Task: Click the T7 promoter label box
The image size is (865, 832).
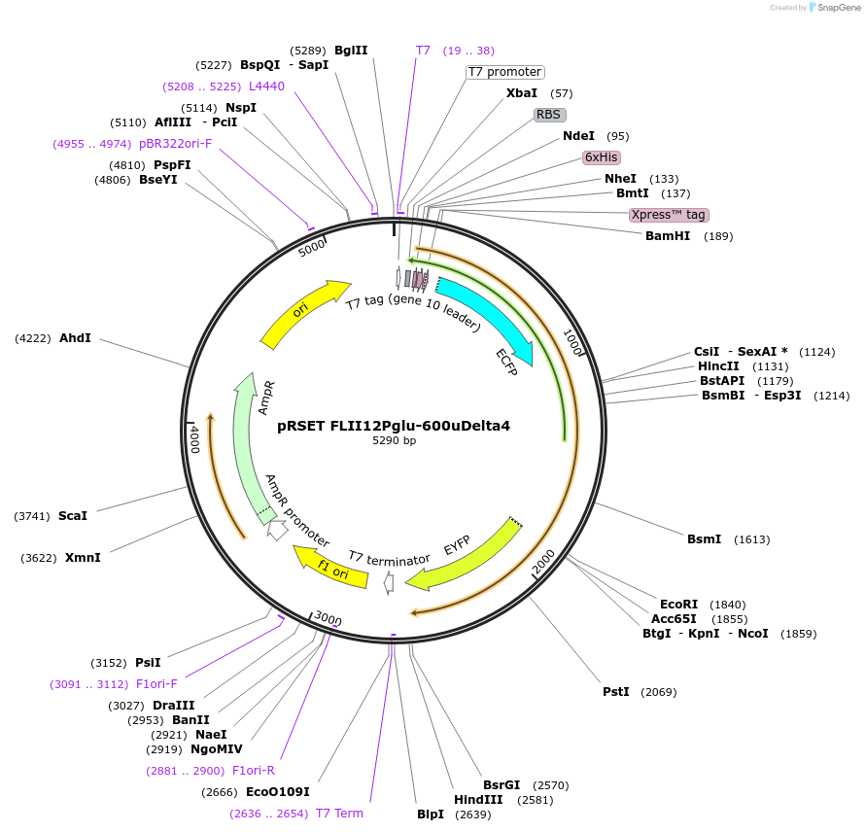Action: pos(504,72)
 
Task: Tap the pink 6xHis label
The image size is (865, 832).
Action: pos(601,156)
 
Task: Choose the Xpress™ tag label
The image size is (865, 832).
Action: pos(668,215)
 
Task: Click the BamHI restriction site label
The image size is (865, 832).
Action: pos(667,236)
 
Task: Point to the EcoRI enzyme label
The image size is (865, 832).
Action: pos(678,605)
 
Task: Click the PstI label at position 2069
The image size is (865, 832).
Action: pos(616,692)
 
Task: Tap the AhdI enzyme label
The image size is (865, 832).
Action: pos(75,338)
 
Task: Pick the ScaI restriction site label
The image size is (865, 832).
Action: pos(73,516)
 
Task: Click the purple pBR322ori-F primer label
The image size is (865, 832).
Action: pos(175,144)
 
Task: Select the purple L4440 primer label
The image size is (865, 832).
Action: pos(266,87)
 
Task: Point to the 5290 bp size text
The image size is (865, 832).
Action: pos(395,440)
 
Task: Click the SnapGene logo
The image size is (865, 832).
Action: pos(835,8)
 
